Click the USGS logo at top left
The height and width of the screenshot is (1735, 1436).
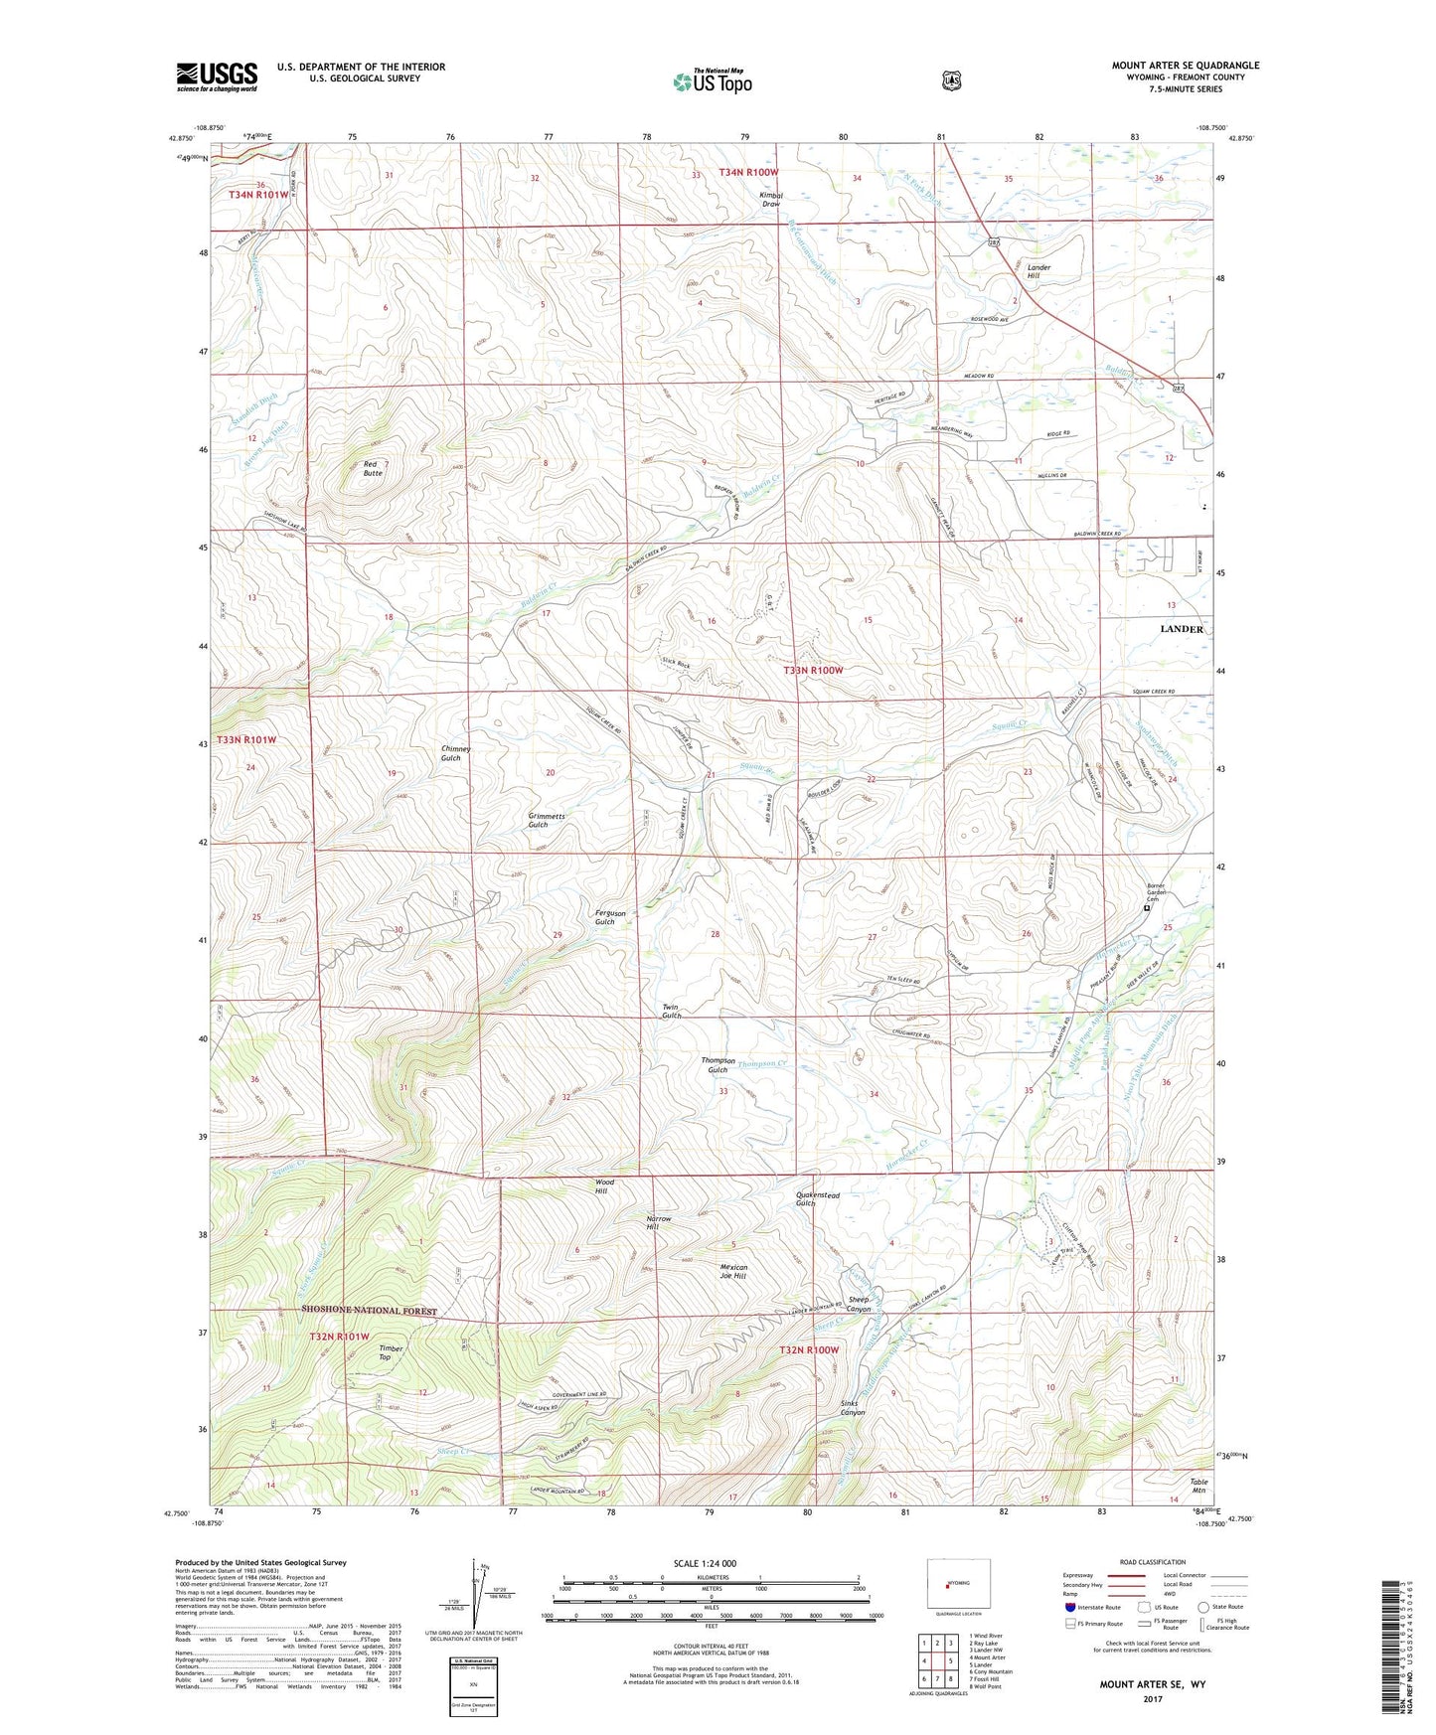217,77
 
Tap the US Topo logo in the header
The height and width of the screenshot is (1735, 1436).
712,81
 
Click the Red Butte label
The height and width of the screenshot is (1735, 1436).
372,469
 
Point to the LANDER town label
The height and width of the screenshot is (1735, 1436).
1182,629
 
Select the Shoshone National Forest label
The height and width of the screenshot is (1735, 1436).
369,1311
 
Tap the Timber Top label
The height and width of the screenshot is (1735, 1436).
391,1352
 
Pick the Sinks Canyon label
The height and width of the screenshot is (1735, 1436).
854,1407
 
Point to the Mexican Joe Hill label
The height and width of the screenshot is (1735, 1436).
733,1271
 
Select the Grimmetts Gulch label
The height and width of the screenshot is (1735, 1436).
546,820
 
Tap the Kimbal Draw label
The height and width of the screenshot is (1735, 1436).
770,199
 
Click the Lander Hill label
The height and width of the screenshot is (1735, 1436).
1038,271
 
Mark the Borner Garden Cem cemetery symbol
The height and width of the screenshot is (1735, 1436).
1146,907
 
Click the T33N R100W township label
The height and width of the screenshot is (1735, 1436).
812,671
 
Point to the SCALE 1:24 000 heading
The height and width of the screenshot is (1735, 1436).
705,1563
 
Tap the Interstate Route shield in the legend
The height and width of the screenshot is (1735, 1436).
1069,1607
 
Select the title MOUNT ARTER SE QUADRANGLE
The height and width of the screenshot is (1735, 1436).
1185,66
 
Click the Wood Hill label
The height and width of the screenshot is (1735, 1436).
604,1186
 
